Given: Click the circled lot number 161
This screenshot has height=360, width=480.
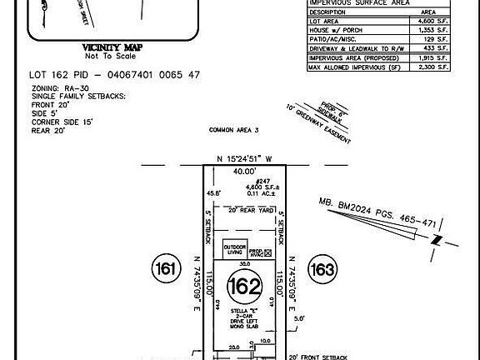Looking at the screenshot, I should [x=165, y=268].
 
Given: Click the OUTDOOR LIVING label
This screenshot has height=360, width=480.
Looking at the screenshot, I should [x=234, y=249].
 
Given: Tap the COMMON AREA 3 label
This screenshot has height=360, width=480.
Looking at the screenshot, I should [x=234, y=131].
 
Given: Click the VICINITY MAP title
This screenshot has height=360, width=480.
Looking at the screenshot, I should [x=109, y=48].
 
